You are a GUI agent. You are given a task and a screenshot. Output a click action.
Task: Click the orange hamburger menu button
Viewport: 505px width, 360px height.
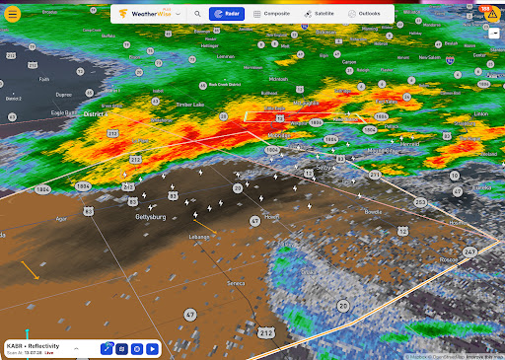click(13, 14)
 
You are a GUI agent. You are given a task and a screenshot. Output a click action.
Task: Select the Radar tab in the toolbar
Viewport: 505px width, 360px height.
click(227, 15)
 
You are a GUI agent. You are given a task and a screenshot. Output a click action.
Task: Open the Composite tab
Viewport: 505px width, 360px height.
click(272, 15)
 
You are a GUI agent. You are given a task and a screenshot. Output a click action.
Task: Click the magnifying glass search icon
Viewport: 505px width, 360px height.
click(197, 15)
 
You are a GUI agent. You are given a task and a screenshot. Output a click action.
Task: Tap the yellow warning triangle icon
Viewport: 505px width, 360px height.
click(492, 30)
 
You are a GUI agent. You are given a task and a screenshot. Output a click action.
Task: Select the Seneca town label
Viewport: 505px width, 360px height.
click(236, 283)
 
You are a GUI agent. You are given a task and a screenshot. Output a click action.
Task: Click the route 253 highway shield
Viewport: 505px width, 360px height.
click(421, 202)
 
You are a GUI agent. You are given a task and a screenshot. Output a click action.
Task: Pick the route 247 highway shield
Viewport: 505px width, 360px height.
click(469, 252)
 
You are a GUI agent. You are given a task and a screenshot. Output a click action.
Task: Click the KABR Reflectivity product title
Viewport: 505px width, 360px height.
click(33, 345)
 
